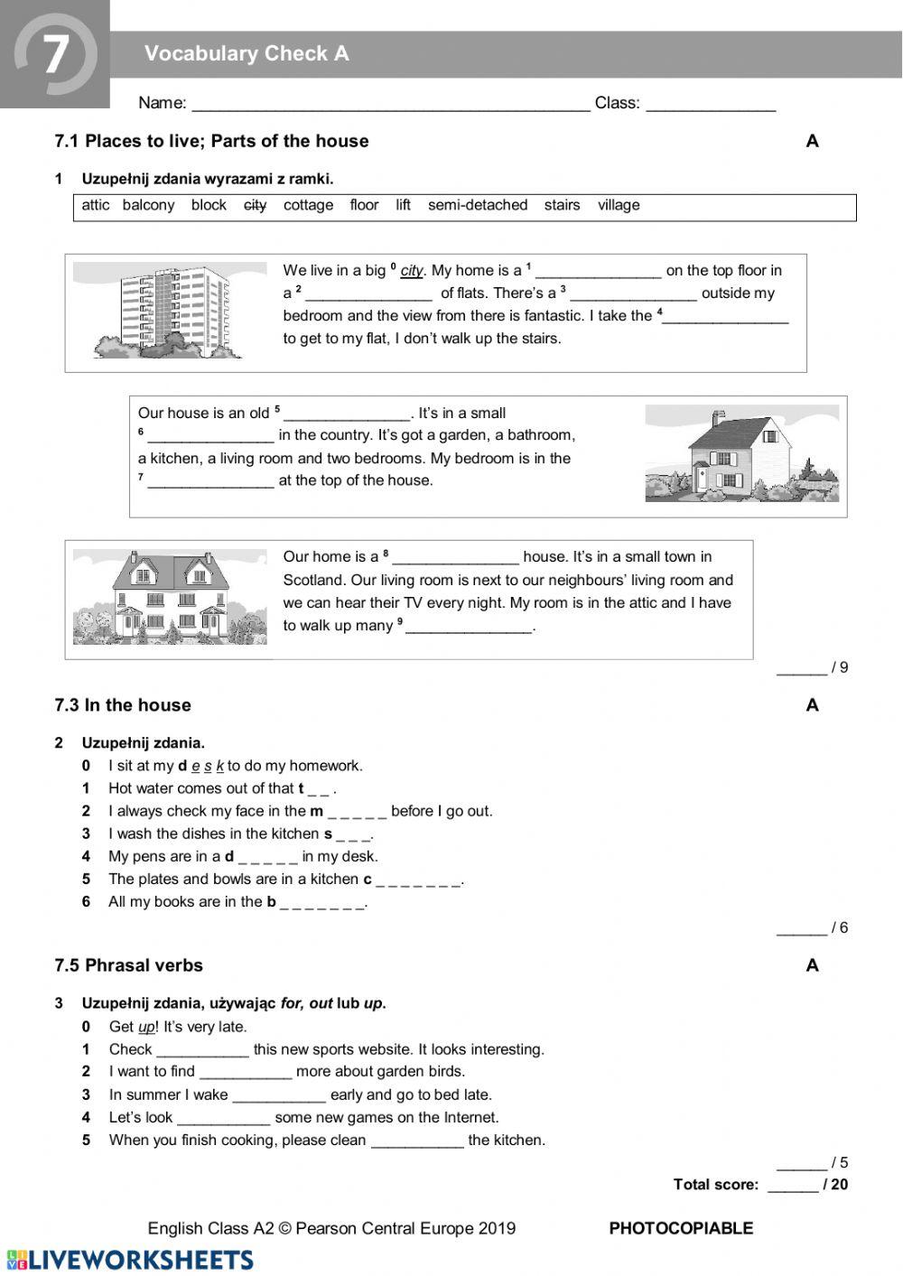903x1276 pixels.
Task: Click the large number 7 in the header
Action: point(55,54)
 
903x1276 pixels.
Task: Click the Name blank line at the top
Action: point(390,104)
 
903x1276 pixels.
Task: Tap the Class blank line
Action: point(711,104)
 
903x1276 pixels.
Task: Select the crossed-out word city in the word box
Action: point(256,205)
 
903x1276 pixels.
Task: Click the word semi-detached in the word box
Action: point(478,205)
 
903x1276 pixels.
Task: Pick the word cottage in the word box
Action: point(308,205)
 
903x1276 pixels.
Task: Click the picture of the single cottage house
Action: point(741,454)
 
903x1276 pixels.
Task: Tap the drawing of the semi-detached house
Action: point(170,597)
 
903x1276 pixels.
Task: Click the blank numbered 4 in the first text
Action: point(726,317)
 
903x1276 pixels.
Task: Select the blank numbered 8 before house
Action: point(456,558)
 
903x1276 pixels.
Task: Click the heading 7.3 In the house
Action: point(123,705)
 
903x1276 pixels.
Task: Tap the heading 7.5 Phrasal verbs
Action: point(128,965)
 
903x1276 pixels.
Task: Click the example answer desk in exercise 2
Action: point(201,766)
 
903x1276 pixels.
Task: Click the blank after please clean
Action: point(417,1141)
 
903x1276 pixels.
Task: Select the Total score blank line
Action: point(792,1186)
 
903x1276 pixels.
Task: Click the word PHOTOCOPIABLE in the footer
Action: point(681,1228)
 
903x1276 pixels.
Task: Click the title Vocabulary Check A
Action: point(247,54)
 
